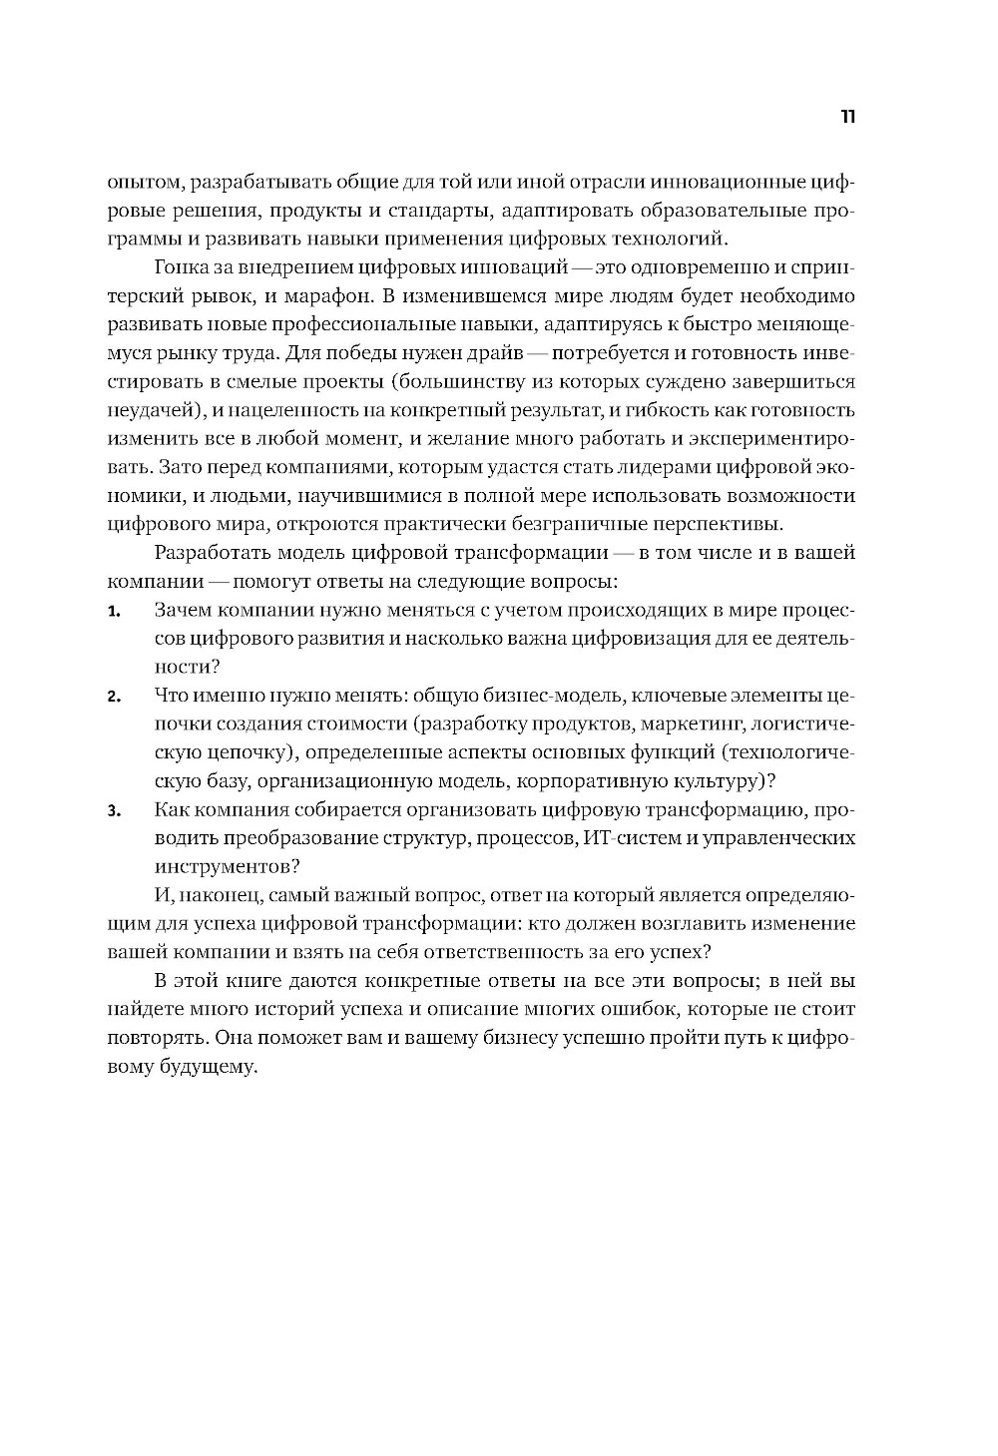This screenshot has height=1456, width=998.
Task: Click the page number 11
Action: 847,117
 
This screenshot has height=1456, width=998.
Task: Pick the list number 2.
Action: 114,697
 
